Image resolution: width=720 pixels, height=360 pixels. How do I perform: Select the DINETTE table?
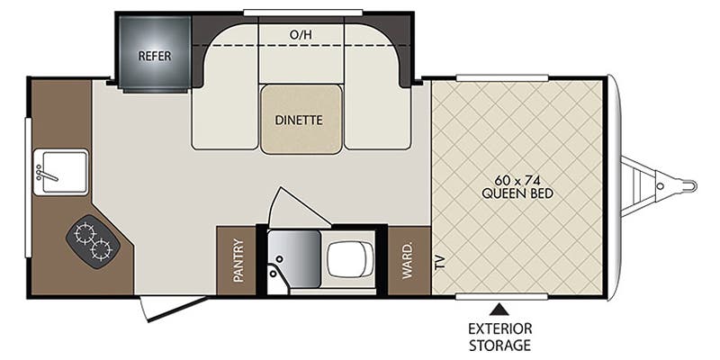301,118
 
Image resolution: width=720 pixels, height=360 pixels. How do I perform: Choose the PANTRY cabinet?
238,260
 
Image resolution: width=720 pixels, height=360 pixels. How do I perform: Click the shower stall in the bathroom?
291,260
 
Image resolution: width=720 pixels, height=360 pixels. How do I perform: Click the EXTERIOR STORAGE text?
498,336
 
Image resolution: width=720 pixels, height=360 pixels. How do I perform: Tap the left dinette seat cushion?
221,103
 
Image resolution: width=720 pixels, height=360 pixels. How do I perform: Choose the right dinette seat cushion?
378,103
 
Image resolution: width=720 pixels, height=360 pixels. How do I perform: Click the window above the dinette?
301,12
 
